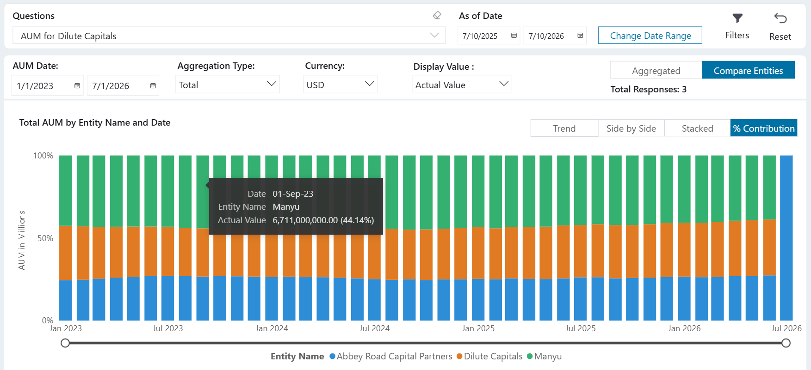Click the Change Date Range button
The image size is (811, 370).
point(650,36)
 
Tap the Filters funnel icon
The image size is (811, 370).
point(737,18)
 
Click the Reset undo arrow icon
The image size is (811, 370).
point(780,18)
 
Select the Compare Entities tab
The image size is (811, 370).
point(748,70)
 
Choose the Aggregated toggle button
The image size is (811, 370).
point(656,70)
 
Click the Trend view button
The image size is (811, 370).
point(564,128)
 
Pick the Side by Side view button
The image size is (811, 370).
point(631,128)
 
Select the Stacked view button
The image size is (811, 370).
point(697,128)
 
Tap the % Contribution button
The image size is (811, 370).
point(764,128)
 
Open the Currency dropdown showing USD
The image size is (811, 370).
point(340,85)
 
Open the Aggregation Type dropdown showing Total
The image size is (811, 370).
point(228,85)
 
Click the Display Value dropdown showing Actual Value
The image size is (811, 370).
point(462,85)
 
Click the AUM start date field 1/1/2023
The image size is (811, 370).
point(47,85)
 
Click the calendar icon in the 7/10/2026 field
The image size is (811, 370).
point(580,36)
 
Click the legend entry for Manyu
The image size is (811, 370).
point(544,356)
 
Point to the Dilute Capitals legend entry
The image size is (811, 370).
point(489,356)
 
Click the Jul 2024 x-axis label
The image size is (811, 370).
point(374,328)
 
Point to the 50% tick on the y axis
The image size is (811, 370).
point(45,238)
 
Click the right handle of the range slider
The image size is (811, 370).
point(786,343)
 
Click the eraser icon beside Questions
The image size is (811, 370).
point(437,16)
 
